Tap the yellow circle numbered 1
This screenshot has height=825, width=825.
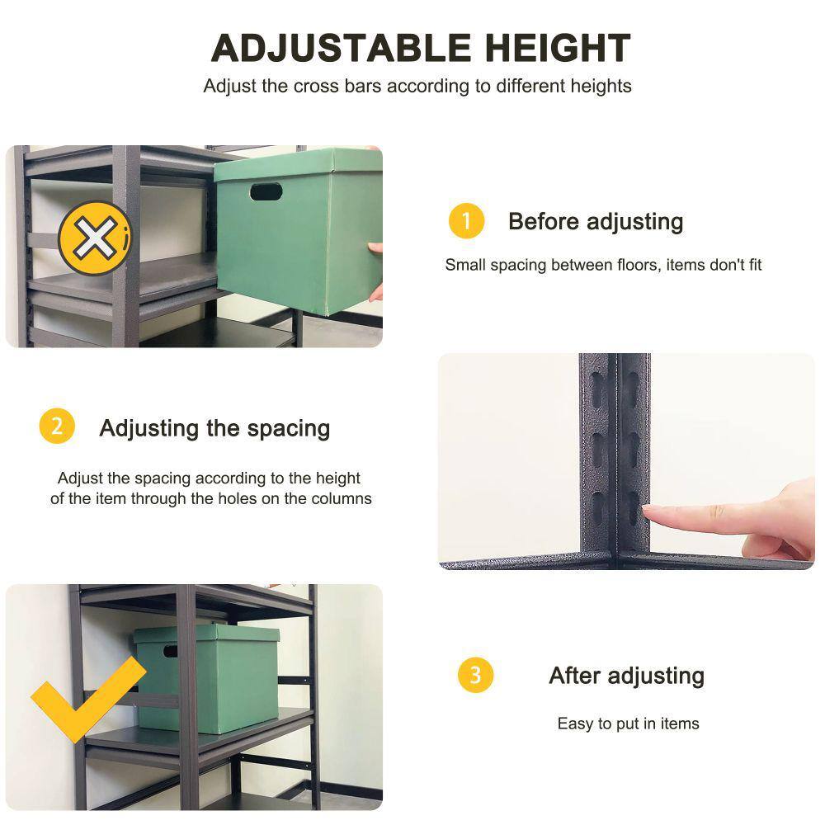tap(466, 221)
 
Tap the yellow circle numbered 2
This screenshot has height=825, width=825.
tap(57, 427)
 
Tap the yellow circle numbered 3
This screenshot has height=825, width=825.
tap(475, 675)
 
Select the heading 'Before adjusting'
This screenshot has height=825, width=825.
tap(596, 221)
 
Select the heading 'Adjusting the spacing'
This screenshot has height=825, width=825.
tap(214, 428)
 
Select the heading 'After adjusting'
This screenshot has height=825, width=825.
tap(626, 676)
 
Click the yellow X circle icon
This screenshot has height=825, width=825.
tap(93, 241)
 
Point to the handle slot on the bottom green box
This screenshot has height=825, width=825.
tap(170, 652)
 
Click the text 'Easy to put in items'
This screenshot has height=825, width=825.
tap(628, 724)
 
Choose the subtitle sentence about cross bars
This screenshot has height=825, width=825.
tap(417, 86)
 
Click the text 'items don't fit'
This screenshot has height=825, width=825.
tap(714, 265)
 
